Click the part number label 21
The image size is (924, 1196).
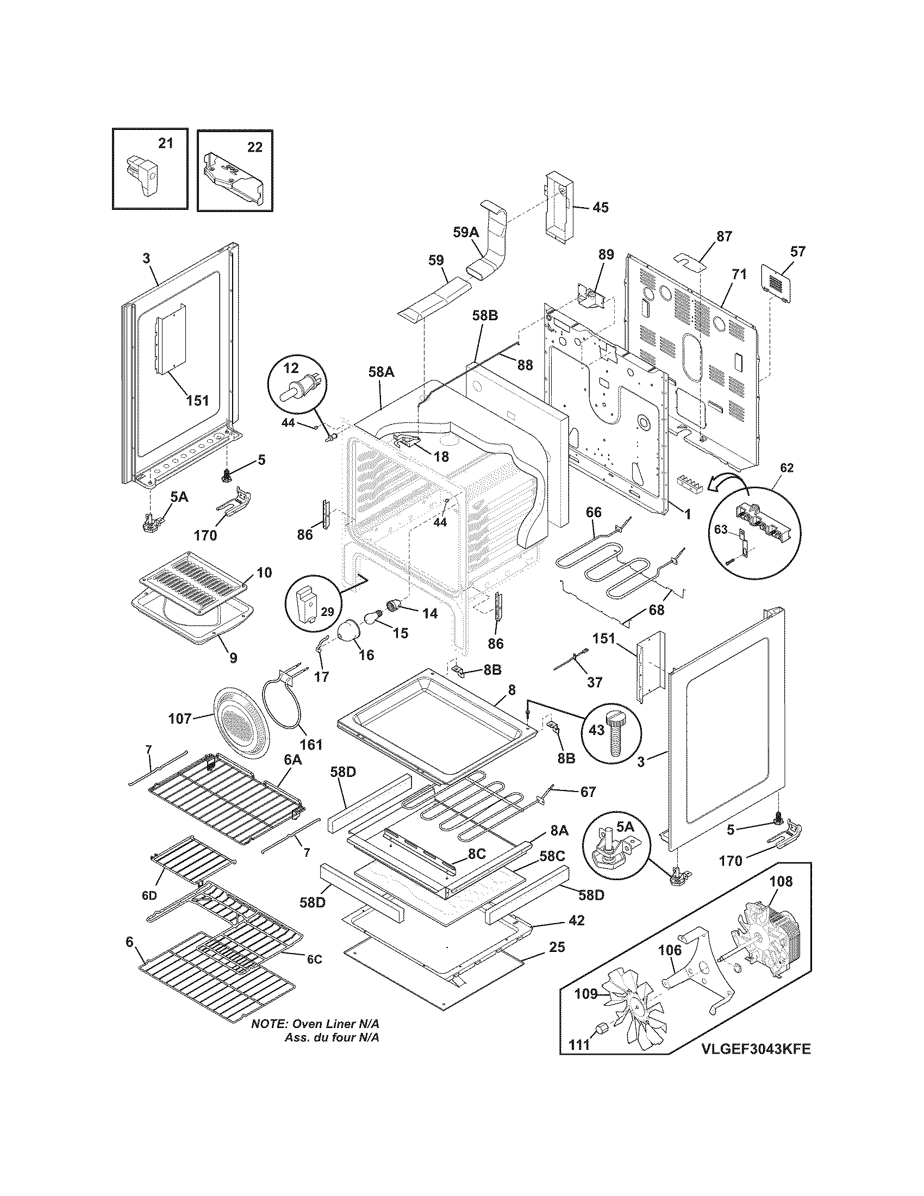coord(165,144)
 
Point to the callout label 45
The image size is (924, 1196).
coord(600,208)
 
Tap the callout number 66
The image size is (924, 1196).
coord(594,512)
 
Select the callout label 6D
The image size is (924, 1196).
coord(149,895)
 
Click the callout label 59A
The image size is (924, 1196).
coord(466,232)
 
